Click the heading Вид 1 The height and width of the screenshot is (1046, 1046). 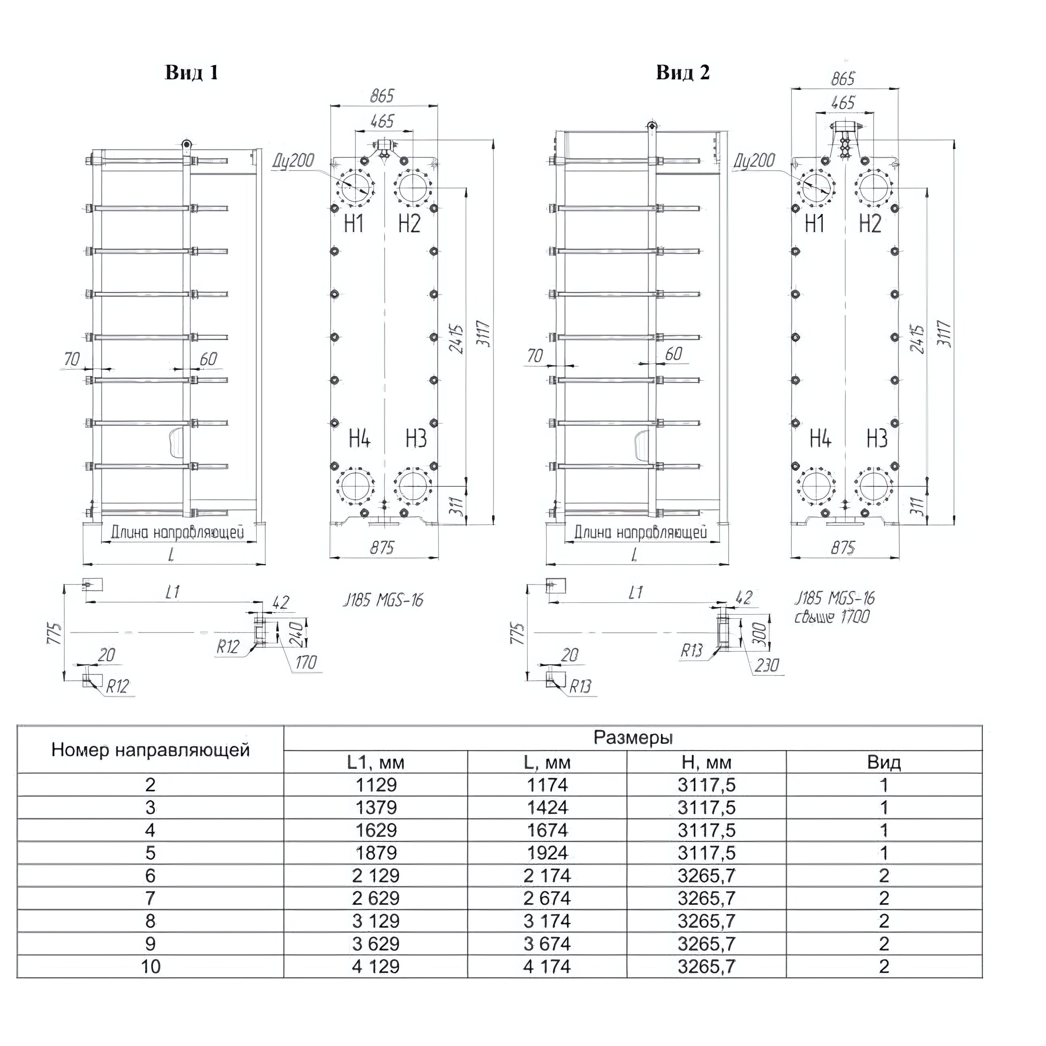pos(191,72)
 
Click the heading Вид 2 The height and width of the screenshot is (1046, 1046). pos(682,72)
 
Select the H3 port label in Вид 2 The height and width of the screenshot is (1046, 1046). pos(877,439)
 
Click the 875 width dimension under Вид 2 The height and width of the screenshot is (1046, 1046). pos(843,548)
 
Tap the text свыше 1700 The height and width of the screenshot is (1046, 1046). pos(832,617)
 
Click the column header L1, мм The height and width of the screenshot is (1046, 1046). pos(375,763)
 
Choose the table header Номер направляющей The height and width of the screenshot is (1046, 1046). pos(150,750)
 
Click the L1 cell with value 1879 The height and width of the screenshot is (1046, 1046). pos(376,853)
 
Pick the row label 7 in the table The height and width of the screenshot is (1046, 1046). pos(150,899)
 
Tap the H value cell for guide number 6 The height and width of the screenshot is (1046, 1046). pos(706,876)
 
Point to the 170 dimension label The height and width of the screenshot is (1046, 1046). pos(306,662)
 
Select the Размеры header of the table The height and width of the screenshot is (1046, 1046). pos(633,738)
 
